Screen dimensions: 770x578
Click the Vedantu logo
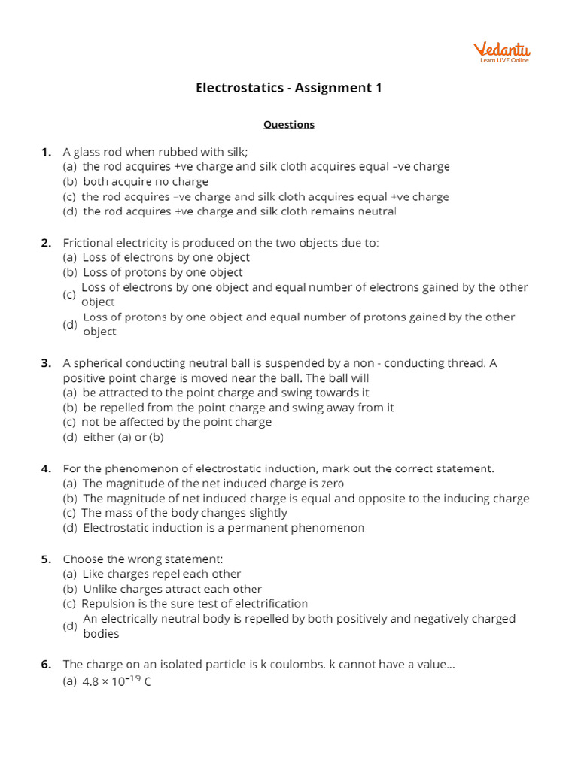coord(501,52)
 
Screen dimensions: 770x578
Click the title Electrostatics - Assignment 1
coord(289,88)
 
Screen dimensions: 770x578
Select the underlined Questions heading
coord(289,124)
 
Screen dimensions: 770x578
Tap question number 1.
coord(46,152)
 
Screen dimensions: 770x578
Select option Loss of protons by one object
coord(163,272)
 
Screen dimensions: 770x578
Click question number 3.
coord(46,363)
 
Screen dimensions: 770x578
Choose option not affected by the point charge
coord(176,422)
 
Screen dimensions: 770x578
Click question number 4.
coord(46,468)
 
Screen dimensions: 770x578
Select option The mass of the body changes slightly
coord(184,513)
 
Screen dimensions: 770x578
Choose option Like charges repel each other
coord(161,574)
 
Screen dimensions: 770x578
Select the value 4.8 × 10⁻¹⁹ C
coord(117,683)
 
